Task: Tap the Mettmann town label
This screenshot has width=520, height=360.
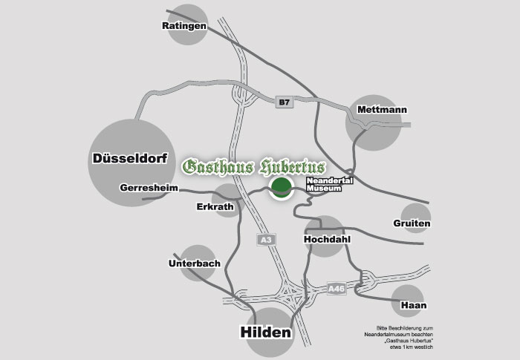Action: [x=382, y=110]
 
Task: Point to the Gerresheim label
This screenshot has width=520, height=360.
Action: [x=149, y=189]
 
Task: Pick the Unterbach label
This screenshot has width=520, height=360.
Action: [x=193, y=264]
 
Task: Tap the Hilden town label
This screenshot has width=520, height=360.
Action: [x=265, y=333]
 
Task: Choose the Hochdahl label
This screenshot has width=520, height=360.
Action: [x=327, y=240]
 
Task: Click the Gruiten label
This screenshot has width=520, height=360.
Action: [x=412, y=223]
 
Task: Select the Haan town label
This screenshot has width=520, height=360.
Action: [x=412, y=305]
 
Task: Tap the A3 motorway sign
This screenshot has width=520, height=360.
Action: [x=266, y=239]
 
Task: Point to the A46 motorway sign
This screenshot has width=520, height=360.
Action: [x=337, y=289]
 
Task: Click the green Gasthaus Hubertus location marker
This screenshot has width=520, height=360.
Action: [x=281, y=189]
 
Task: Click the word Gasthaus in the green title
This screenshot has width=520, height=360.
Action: [x=215, y=166]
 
